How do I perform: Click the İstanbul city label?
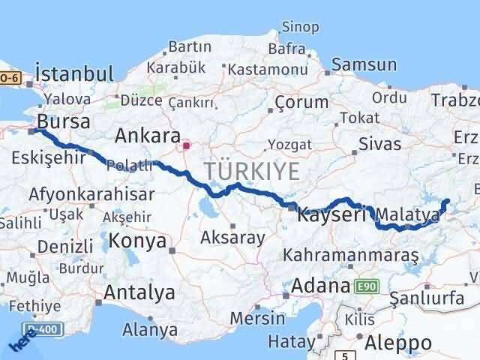tap(74, 74)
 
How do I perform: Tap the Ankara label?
tap(148, 136)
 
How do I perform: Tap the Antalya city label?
tap(140, 292)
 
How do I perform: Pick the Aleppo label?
tap(399, 343)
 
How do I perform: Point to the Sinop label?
tap(300, 27)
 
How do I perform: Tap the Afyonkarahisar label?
tap(91, 195)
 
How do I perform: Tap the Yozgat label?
tap(289, 145)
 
